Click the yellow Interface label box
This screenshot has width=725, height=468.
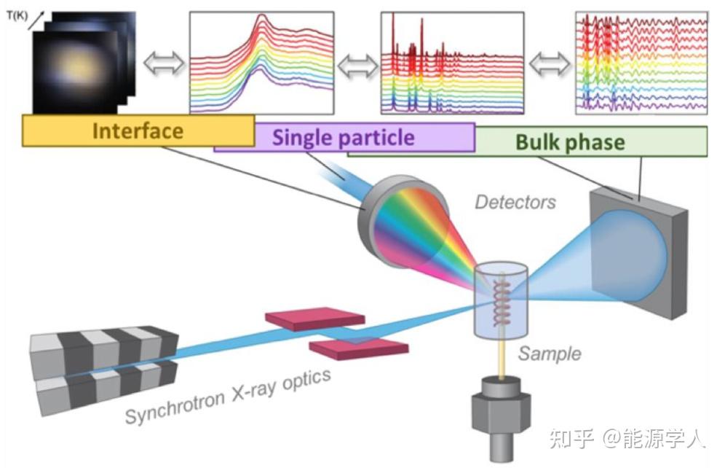coord(138,131)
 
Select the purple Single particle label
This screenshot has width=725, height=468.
coord(344,137)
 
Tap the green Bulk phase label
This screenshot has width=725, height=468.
coord(570,141)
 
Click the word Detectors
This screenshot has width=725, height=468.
coord(515,201)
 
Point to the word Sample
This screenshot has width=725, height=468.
coord(550,354)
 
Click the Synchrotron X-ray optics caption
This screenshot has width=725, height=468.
coord(228,396)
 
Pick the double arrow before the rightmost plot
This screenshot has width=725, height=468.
coord(550,64)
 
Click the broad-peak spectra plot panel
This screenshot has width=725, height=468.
coord(261,63)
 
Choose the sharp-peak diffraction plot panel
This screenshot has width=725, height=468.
coord(452,63)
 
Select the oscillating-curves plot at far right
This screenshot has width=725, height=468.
coord(641,63)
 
